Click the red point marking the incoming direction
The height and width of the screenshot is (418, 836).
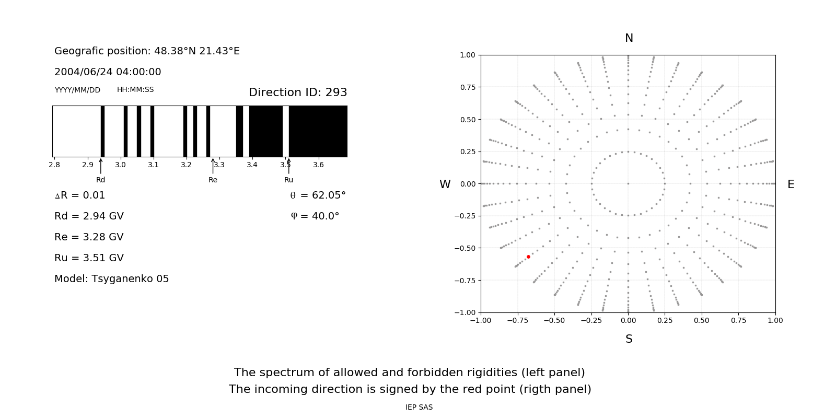[528, 257]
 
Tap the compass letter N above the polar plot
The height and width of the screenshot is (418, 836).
[629, 38]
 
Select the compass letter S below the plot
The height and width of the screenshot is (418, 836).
[629, 339]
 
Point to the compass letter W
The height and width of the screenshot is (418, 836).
[445, 184]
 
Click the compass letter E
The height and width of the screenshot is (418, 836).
[791, 184]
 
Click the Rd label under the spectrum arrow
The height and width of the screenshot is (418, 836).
[100, 180]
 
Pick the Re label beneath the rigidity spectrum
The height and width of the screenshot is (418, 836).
[213, 180]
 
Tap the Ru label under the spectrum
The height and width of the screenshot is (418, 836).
[288, 180]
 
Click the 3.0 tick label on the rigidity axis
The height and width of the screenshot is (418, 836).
[120, 165]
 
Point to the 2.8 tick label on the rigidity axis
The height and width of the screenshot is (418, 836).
[54, 165]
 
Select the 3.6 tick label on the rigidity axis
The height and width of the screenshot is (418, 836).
[318, 165]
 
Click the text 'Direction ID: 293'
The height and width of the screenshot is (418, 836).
[298, 92]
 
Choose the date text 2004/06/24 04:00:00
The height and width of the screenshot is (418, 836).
[108, 72]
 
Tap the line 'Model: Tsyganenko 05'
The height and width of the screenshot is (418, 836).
[112, 279]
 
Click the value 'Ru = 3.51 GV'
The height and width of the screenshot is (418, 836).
[89, 258]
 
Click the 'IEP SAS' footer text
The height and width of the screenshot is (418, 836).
[419, 407]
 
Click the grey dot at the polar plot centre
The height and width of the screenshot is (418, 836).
[628, 183]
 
